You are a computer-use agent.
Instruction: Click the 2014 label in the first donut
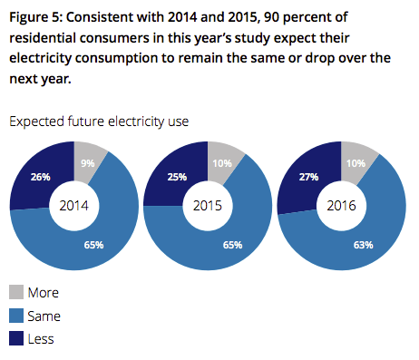tap(73, 205)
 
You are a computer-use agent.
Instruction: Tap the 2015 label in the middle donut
tap(209, 205)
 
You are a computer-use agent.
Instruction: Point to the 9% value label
tap(87, 164)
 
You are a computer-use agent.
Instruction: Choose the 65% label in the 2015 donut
tap(230, 245)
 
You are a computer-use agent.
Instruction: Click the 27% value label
tap(309, 179)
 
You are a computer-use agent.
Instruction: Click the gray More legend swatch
tap(17, 292)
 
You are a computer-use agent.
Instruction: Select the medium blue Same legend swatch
tap(17, 316)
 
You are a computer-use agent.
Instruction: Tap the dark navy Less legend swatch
tap(17, 338)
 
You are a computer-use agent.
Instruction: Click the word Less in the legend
tap(43, 338)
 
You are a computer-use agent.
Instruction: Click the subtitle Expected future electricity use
tap(99, 121)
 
